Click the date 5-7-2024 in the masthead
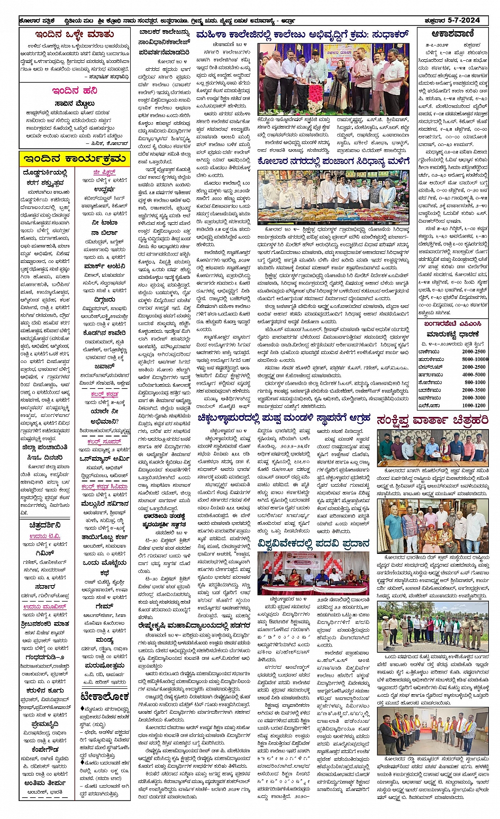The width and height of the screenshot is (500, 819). point(463,20)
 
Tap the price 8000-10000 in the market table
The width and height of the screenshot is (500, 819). point(475,359)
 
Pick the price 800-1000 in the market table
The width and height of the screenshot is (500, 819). point(475,382)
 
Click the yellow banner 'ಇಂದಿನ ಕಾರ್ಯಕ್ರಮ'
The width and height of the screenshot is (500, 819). point(74,158)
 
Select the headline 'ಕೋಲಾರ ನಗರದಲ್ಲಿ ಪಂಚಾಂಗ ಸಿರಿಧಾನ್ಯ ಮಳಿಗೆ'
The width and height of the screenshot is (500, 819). point(333,161)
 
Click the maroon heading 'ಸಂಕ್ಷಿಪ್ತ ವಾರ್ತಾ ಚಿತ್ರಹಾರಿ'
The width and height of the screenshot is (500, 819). point(432,421)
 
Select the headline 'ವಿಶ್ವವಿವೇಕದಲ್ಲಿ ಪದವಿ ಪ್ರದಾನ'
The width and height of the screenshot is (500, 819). point(314,543)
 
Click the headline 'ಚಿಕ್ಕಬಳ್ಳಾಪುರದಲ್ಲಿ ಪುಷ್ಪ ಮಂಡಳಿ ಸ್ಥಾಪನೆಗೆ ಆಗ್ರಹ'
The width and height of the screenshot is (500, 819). point(284,418)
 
